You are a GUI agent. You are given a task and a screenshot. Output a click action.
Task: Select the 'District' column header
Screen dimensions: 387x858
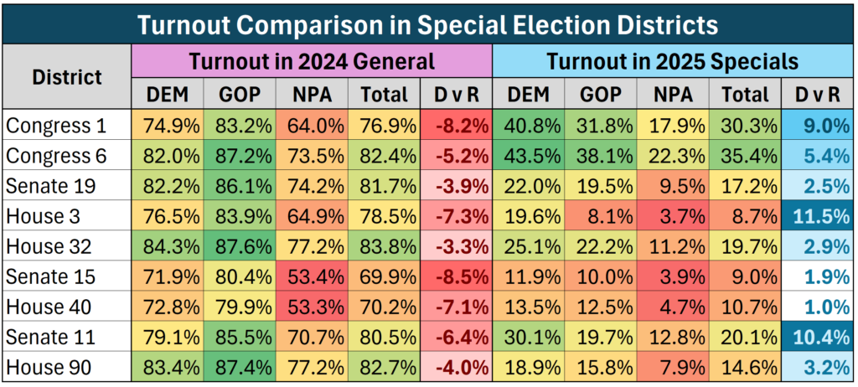click(x=67, y=77)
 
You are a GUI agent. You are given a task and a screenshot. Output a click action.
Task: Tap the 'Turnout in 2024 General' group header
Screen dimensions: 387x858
click(x=312, y=61)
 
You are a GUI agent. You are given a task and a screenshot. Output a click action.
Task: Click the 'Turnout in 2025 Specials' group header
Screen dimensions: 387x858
click(x=672, y=61)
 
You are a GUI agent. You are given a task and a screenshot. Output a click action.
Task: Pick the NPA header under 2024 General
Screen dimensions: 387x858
click(x=312, y=94)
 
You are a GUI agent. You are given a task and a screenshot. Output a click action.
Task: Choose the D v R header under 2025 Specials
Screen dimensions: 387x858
click(x=817, y=94)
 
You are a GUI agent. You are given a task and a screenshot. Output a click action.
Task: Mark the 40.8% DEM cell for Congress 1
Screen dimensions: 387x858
click(x=529, y=126)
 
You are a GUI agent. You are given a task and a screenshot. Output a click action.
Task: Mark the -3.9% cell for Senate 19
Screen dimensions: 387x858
click(x=456, y=187)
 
